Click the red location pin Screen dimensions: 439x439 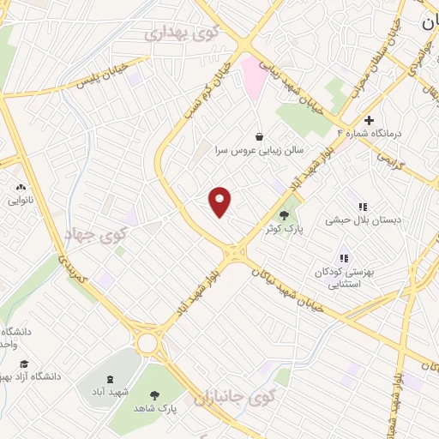(x=220, y=201)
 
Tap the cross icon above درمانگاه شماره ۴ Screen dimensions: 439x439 (x=370, y=119)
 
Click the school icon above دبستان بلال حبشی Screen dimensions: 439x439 (x=363, y=206)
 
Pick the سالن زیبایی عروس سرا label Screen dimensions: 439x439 (x=258, y=149)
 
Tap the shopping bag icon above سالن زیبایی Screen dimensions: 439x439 (x=259, y=135)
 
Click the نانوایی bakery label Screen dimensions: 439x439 (x=21, y=201)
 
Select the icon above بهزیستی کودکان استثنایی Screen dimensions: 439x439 (x=344, y=256)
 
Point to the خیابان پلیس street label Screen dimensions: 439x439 (x=103, y=75)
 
